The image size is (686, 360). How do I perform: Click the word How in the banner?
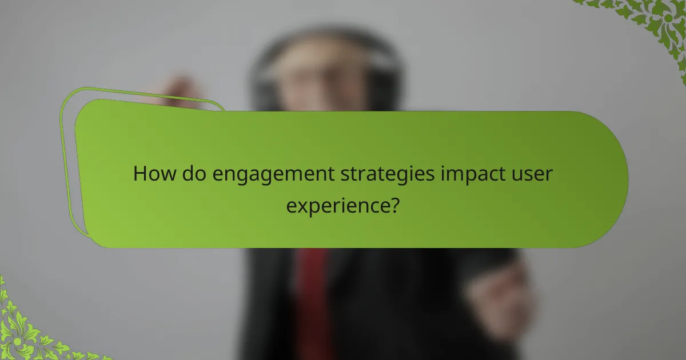pyautogui.click(x=154, y=174)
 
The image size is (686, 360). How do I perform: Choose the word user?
pyautogui.click(x=534, y=174)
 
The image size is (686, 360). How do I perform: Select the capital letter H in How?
pyautogui.click(x=140, y=174)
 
